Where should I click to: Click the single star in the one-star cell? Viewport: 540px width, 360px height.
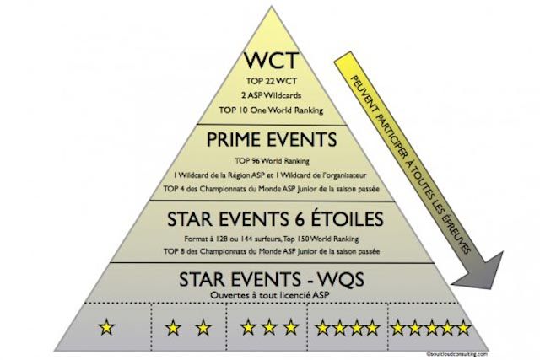pyautogui.click(x=108, y=325)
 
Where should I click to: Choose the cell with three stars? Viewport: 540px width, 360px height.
pyautogui.click(x=269, y=325)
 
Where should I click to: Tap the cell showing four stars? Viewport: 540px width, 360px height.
pyautogui.click(x=348, y=325)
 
